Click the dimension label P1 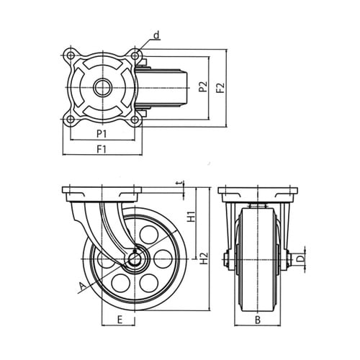[102, 134]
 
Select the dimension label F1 [102, 149]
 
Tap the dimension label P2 [203, 86]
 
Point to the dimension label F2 [220, 88]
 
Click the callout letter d [156, 36]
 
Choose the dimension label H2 [204, 258]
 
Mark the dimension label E [120, 320]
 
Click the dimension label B [258, 320]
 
